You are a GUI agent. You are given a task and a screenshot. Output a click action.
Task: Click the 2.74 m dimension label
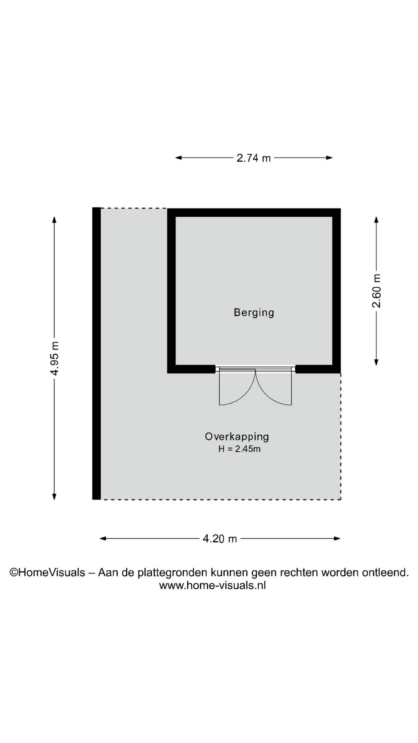(254, 158)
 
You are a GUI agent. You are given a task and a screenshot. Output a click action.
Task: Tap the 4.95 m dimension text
(55, 358)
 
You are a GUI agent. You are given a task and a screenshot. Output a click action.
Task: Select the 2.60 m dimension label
(376, 291)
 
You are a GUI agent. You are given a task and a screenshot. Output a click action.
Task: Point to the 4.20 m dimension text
(219, 539)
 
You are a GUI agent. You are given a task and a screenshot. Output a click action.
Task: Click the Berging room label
(254, 313)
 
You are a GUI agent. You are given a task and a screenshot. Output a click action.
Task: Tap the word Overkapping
(237, 437)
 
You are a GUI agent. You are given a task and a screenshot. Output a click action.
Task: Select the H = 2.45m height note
(239, 449)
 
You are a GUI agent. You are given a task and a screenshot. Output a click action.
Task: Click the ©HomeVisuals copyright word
(47, 572)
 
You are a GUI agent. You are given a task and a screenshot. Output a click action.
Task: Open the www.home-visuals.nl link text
(212, 585)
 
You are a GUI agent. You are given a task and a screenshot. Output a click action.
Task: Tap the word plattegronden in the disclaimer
(173, 573)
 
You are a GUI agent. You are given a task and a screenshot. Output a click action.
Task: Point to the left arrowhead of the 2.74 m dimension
(179, 158)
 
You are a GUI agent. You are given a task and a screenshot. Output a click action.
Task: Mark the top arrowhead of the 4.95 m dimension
(54, 220)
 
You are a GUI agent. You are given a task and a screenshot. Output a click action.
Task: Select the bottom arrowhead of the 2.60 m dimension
(376, 362)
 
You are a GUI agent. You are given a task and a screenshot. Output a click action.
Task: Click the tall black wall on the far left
(96, 353)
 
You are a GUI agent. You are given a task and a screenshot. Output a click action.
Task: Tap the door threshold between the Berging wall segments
(255, 370)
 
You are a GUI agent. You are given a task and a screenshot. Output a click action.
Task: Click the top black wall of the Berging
(254, 212)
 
